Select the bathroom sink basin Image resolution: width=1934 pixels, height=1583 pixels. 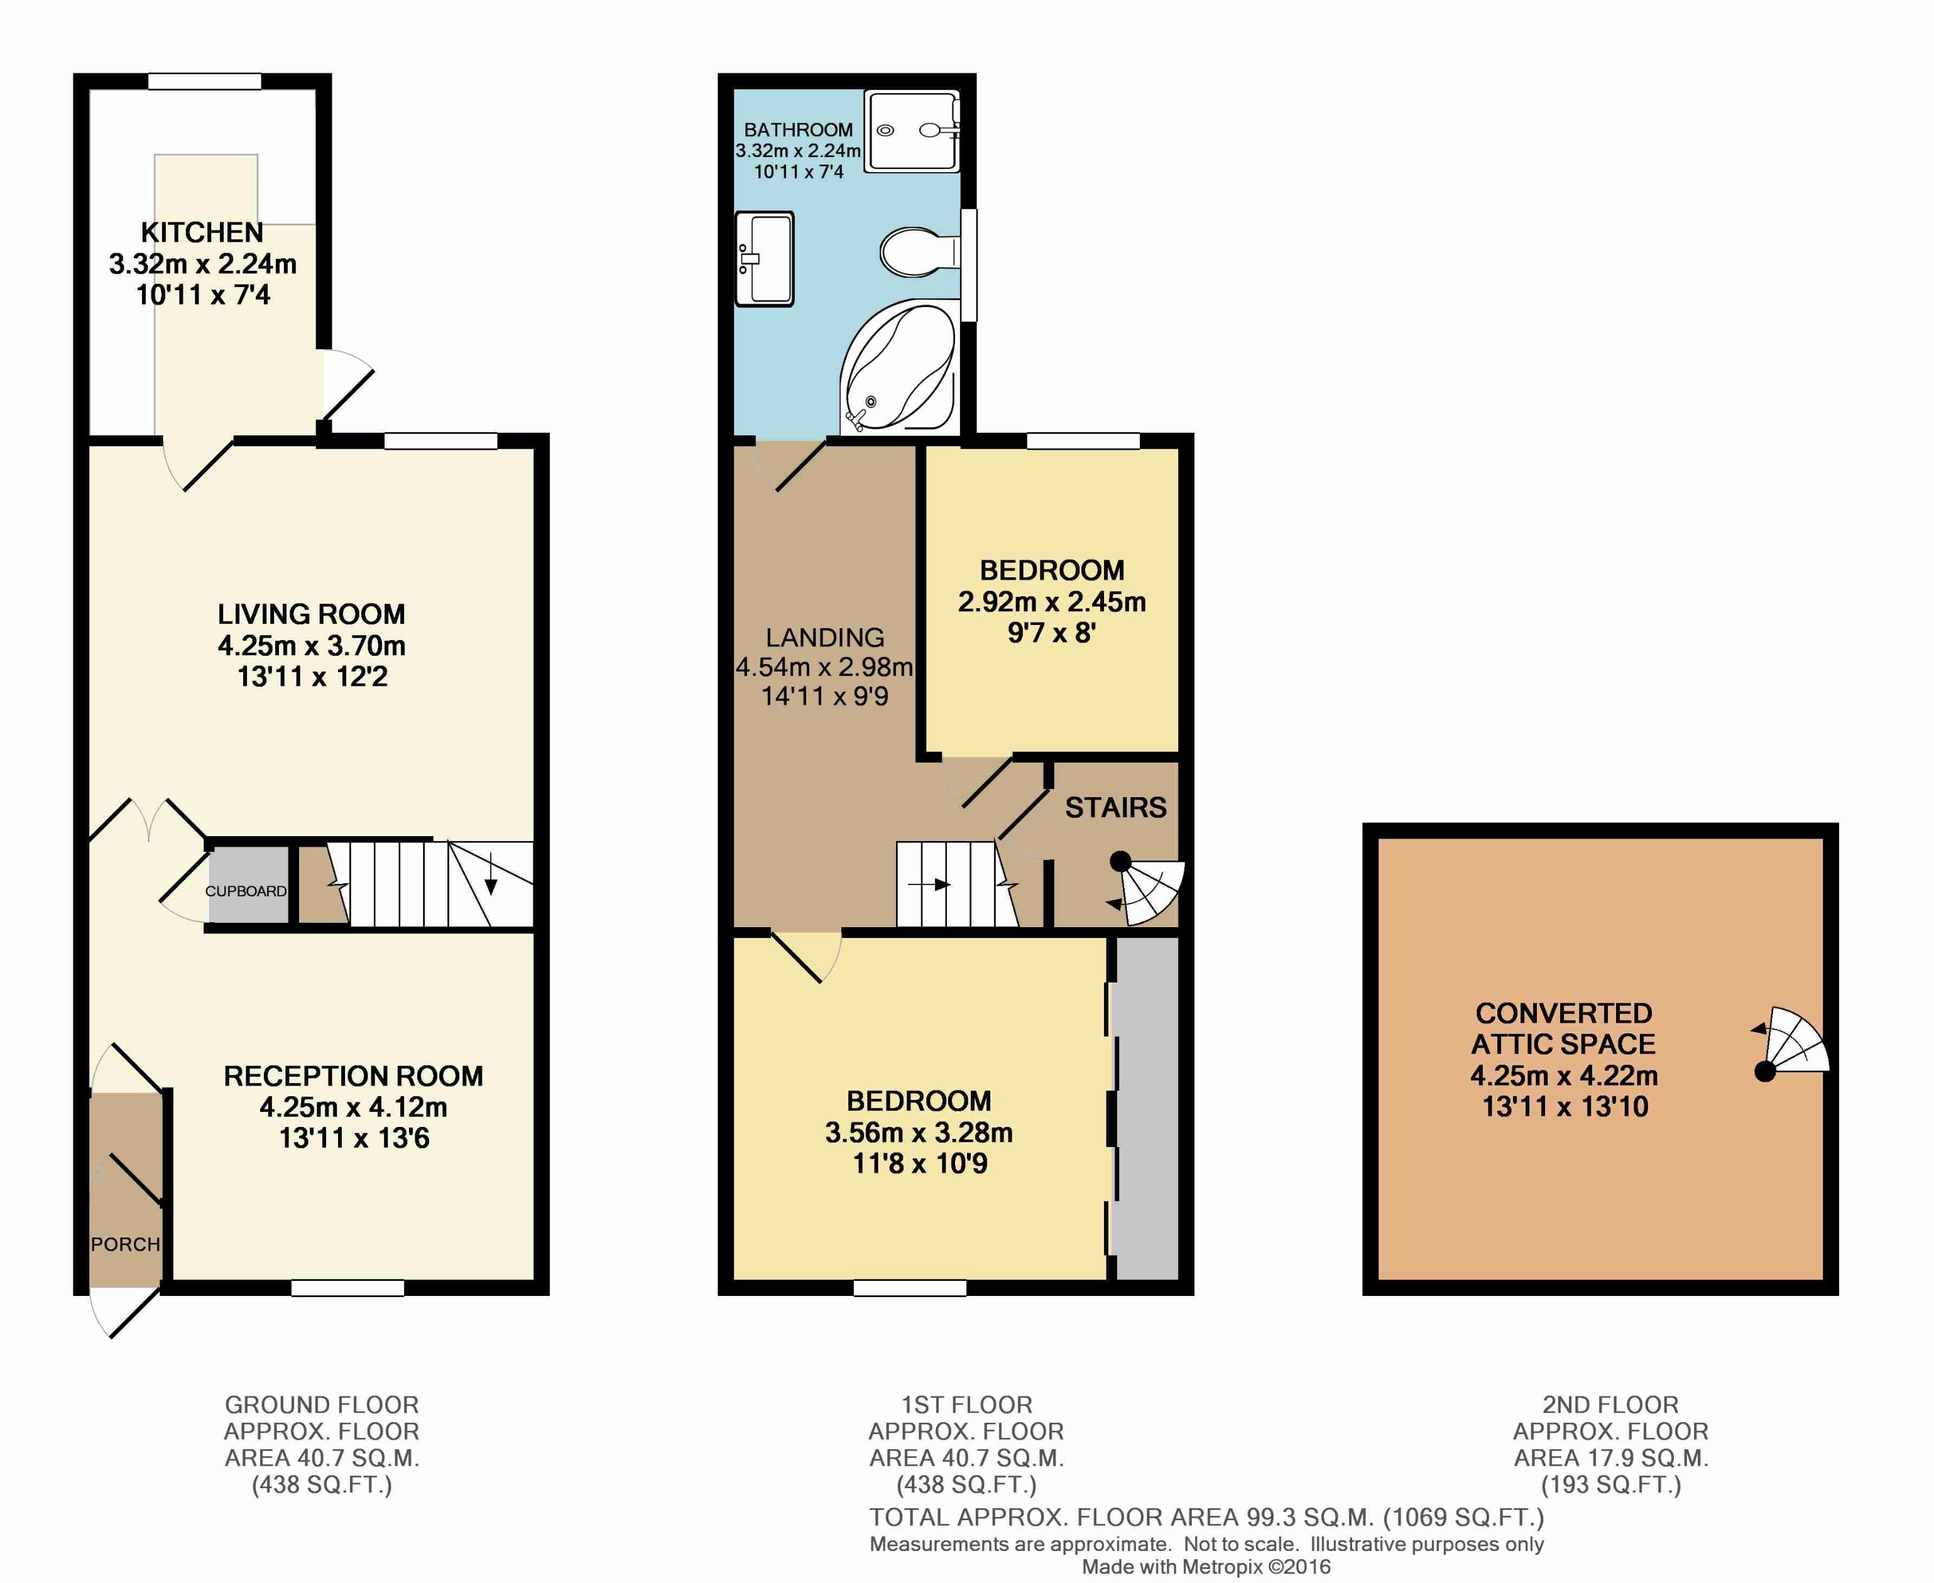[764, 259]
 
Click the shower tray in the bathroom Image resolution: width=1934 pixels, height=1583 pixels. [912, 131]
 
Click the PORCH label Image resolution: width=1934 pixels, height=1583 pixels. [125, 1244]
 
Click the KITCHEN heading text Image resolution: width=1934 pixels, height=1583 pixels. [202, 232]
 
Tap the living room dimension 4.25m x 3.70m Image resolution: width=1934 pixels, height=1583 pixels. [311, 646]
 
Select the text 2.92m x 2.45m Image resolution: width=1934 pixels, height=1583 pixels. [1051, 602]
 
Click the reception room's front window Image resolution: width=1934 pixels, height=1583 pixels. [347, 1288]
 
